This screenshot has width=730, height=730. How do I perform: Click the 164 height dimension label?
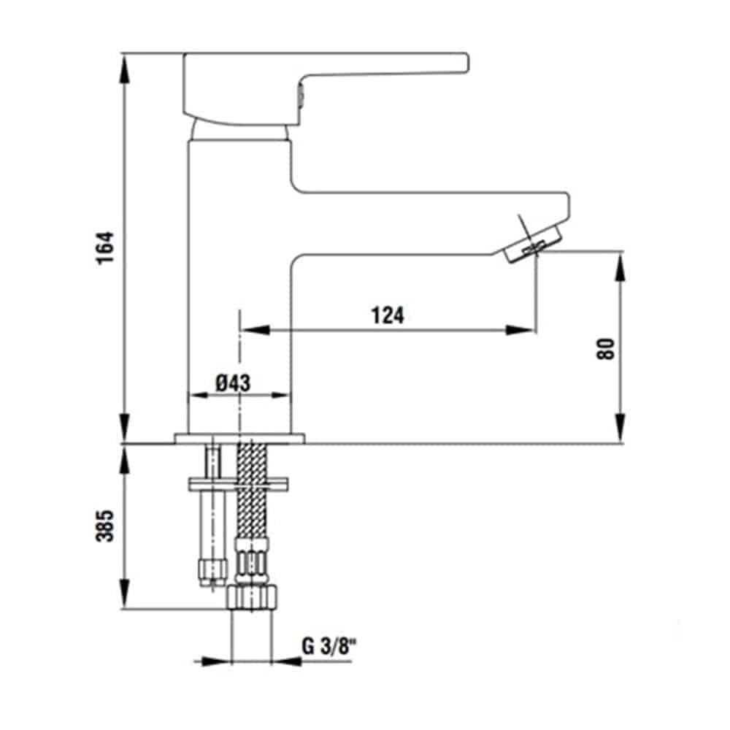105,247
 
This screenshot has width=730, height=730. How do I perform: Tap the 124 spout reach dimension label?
388,315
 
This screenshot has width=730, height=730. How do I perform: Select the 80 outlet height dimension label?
606,349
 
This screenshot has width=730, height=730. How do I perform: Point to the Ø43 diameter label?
233,383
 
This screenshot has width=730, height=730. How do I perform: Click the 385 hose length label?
104,526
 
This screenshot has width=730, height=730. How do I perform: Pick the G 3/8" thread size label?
328,646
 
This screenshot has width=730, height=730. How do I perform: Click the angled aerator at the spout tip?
534,244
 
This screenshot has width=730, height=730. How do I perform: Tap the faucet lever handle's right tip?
467,63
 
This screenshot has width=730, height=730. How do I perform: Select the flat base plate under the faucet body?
239,439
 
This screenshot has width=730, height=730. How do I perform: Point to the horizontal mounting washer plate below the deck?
239,484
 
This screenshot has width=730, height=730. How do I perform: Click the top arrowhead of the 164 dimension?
124,67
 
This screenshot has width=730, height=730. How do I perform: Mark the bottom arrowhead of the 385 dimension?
124,594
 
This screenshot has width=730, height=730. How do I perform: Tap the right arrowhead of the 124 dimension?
520,330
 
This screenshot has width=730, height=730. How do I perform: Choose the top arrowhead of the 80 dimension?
620,266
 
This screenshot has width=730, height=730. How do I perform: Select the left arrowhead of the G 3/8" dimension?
216,661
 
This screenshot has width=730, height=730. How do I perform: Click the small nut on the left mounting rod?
213,572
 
